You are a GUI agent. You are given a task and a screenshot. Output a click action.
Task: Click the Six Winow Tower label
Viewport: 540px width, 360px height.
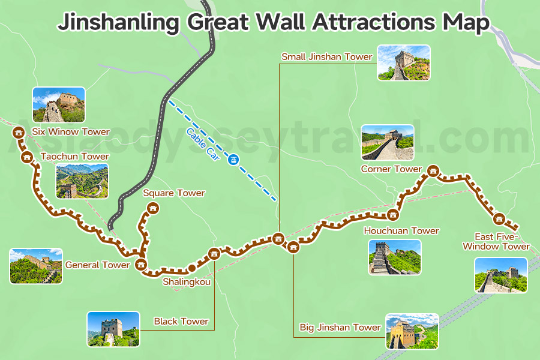(x=71, y=132)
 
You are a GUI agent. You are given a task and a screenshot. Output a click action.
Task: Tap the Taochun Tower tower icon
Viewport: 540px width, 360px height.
(x=26, y=157)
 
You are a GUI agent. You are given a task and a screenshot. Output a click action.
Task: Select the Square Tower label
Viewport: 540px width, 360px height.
(x=174, y=193)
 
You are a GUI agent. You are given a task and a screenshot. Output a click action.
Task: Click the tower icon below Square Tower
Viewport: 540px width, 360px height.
(x=153, y=208)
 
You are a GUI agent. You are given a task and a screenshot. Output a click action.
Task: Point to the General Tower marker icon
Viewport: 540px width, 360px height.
(x=142, y=264)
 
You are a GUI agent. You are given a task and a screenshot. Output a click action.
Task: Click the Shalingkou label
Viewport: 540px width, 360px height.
(x=187, y=281)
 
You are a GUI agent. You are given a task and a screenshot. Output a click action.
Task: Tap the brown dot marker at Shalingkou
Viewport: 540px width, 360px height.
(x=191, y=268)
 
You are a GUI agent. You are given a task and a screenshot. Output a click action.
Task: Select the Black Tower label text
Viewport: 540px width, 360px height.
(x=181, y=322)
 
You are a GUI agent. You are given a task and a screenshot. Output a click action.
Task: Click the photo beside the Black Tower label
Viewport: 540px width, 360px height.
(x=113, y=329)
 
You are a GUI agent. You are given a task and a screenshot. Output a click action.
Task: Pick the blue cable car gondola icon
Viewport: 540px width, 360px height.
(x=233, y=160)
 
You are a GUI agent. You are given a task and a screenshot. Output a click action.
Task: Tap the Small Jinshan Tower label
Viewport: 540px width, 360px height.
(x=327, y=57)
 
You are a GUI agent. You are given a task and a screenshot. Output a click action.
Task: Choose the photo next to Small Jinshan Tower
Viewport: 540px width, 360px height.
(x=404, y=62)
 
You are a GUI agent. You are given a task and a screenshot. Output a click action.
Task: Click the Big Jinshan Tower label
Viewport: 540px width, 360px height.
(x=340, y=328)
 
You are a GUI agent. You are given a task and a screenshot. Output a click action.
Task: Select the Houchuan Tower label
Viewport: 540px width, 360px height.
(x=401, y=231)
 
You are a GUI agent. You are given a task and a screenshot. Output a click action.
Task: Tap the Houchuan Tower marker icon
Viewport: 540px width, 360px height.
(x=394, y=214)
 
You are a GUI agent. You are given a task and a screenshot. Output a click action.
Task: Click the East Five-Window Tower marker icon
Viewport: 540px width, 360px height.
(x=499, y=220)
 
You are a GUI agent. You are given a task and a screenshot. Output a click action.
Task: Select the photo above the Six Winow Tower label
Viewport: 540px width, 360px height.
(x=59, y=104)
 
